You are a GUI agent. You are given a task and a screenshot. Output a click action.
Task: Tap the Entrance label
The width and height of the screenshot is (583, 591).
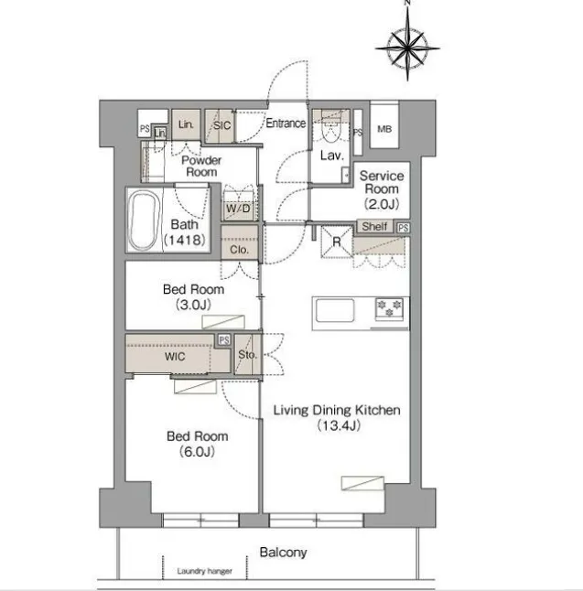[286, 124]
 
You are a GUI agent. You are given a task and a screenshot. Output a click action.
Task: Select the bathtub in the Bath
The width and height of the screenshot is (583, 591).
[143, 220]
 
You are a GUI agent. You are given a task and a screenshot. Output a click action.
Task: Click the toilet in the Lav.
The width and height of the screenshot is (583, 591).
[331, 129]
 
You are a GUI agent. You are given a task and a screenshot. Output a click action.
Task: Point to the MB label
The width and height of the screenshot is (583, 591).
[384, 129]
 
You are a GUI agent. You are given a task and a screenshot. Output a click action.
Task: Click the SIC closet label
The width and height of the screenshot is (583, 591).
[221, 125]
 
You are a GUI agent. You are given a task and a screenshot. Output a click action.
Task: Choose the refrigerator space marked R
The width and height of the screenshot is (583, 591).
[337, 242]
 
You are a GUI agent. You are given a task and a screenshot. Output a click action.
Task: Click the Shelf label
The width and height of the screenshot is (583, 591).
[374, 226]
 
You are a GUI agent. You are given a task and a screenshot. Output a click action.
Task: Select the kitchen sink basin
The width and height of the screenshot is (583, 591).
[335, 310]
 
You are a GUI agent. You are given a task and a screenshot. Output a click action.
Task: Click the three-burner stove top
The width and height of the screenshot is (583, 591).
[390, 308]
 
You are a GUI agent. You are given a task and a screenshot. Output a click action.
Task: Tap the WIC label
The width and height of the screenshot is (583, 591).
[175, 356]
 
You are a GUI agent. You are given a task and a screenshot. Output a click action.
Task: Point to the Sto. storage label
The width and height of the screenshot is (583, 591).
[247, 354]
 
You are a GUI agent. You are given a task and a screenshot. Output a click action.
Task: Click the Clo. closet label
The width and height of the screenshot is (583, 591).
[240, 250]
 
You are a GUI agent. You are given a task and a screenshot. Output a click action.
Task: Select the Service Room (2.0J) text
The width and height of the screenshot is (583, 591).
[382, 189]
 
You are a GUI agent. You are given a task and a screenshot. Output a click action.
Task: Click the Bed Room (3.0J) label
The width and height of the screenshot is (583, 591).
[193, 296]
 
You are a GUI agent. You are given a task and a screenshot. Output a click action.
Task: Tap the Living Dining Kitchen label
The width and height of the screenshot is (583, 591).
[337, 410]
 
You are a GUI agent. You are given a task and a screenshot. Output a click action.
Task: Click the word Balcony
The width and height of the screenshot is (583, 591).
[283, 553]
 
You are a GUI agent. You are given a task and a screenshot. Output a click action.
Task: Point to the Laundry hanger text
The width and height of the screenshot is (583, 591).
[205, 571]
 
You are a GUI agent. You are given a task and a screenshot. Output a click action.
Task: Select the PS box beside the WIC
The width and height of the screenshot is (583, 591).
[224, 340]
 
